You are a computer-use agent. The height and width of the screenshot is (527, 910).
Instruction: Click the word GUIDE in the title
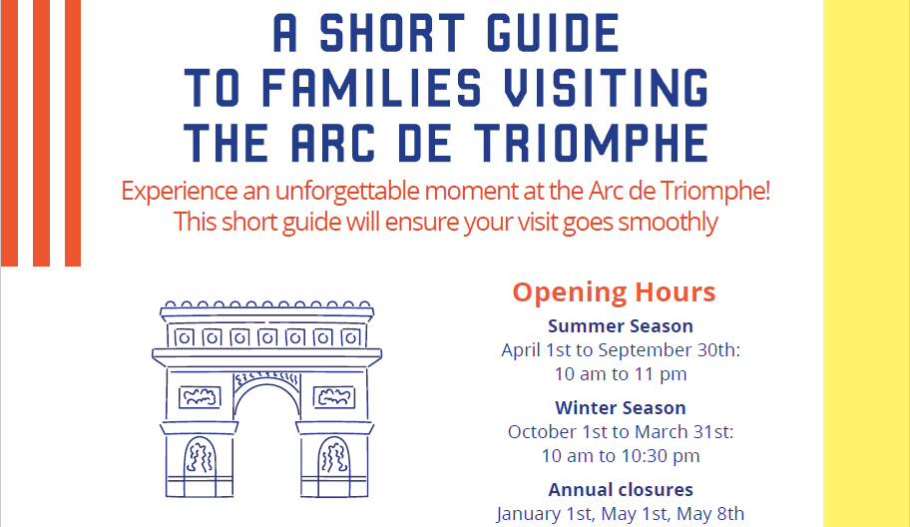(553, 34)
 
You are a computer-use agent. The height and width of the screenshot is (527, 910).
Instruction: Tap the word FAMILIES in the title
(371, 88)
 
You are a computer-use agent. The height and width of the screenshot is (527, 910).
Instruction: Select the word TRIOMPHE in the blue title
(592, 143)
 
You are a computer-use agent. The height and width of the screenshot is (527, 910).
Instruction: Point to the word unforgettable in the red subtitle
(347, 191)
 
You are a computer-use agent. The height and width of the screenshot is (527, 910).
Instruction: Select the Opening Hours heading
(614, 292)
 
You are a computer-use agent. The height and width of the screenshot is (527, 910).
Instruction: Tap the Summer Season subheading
(621, 326)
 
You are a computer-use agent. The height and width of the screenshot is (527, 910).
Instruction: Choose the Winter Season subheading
(621, 408)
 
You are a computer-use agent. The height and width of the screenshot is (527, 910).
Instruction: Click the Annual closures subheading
(621, 490)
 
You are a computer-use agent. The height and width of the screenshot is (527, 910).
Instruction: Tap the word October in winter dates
(539, 432)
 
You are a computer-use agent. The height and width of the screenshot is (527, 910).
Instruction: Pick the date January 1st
(545, 514)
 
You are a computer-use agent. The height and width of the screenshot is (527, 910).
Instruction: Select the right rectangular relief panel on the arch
(334, 397)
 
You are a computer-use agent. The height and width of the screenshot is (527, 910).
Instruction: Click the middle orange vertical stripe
(41, 133)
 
